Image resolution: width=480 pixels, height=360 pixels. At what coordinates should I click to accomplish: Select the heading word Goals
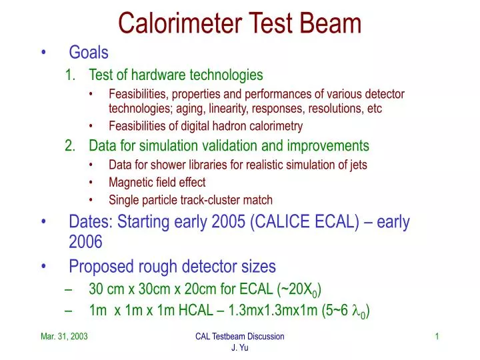[x=89, y=52]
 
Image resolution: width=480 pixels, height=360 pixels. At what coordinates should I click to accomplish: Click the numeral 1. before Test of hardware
[x=72, y=75]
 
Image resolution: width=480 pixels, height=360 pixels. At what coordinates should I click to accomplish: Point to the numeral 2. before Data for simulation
[x=72, y=145]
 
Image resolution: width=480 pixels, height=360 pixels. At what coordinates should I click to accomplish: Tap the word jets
[x=356, y=165]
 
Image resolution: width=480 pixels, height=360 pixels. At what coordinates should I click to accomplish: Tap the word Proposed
[x=99, y=267]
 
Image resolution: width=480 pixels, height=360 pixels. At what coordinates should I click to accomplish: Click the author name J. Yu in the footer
[x=239, y=349]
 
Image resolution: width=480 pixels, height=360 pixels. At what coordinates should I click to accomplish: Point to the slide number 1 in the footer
[x=437, y=337]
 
